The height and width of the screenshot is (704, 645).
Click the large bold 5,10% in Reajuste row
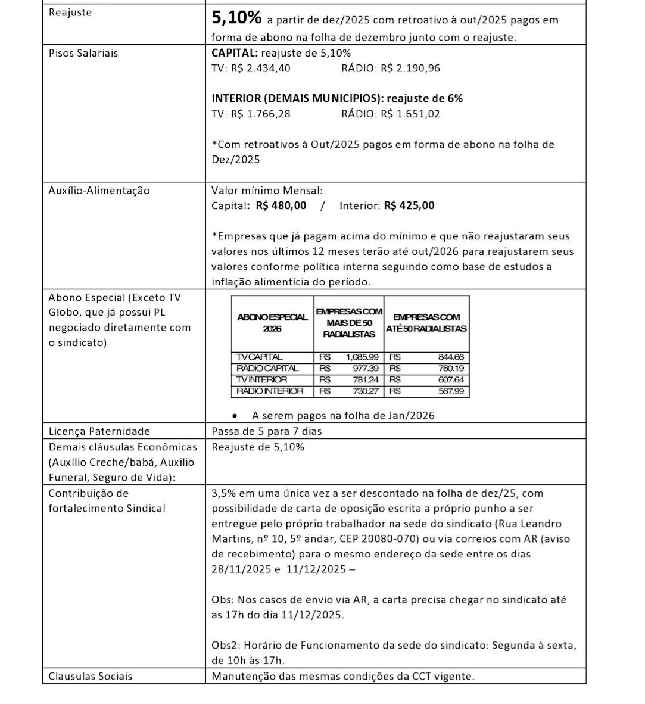click(x=236, y=18)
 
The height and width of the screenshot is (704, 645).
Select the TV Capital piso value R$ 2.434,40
click(x=261, y=68)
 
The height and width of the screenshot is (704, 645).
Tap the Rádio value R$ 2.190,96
click(x=410, y=68)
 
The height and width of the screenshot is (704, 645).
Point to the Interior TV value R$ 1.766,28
click(x=261, y=114)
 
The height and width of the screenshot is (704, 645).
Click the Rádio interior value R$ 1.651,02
click(x=410, y=114)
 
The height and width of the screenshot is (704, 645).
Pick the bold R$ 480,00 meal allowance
click(x=281, y=205)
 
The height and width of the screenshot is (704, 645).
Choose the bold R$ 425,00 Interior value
click(x=409, y=205)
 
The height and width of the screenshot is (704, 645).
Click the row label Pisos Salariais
click(x=83, y=53)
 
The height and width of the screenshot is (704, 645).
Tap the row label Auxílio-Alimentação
click(x=99, y=191)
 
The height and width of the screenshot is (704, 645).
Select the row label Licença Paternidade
click(x=99, y=431)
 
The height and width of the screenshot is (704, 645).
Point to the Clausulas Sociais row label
click(x=91, y=676)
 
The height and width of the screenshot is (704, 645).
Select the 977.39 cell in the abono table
click(x=366, y=368)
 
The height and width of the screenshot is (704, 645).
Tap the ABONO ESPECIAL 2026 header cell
click(x=272, y=323)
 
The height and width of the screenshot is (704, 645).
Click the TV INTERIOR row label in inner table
click(x=262, y=379)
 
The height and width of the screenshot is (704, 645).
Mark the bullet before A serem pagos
click(x=237, y=416)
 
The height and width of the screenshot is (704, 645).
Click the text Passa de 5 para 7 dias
click(x=267, y=431)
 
